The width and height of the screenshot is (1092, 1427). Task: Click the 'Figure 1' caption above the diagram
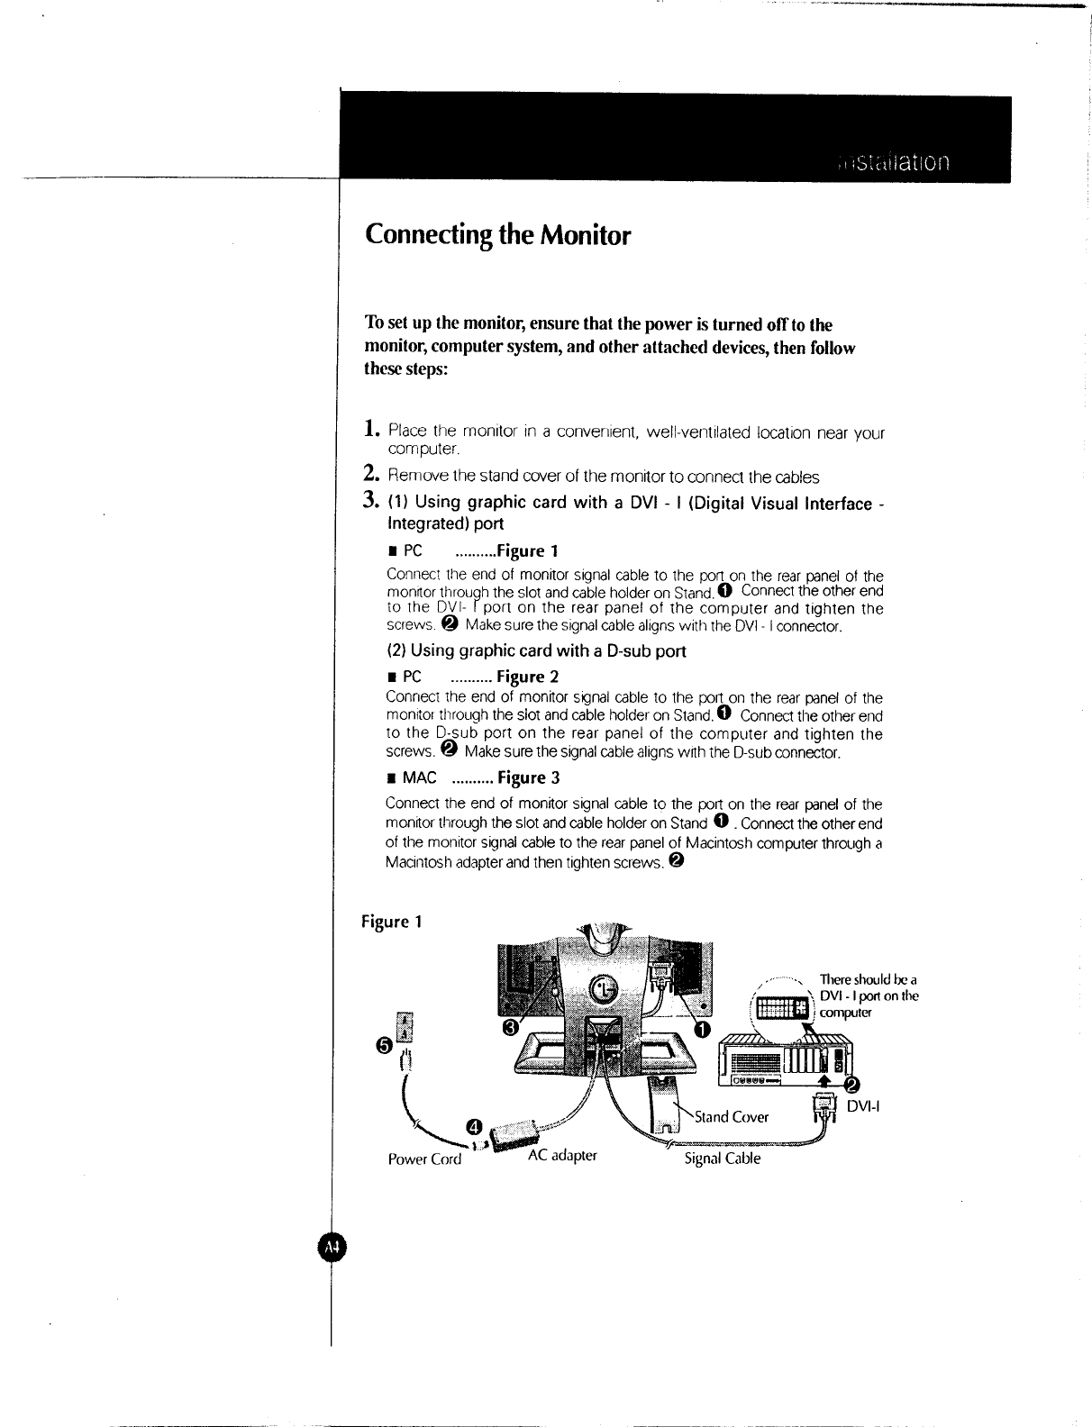point(391,922)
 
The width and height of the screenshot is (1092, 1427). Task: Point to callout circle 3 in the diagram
point(510,1027)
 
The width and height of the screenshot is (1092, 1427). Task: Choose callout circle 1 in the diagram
point(702,1029)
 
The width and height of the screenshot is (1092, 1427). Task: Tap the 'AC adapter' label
point(562,1154)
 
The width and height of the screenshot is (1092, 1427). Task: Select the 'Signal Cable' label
point(723,1159)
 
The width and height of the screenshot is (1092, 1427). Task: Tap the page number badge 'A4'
point(332,1247)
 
